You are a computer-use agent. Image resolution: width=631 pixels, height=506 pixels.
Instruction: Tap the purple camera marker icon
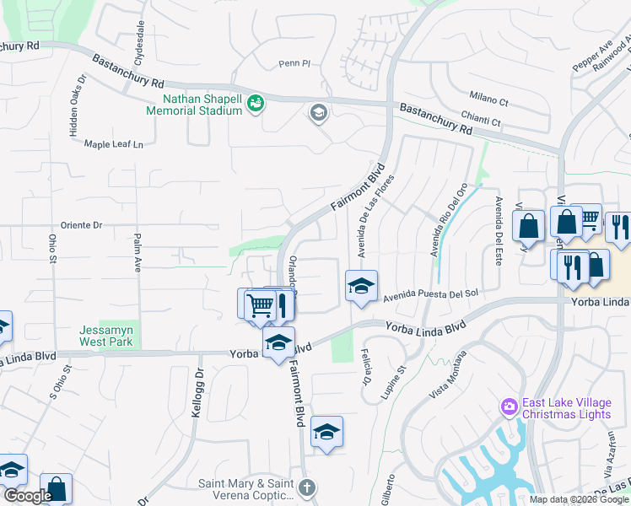click(x=509, y=407)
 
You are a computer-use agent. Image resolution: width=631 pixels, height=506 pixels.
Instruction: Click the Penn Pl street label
click(x=295, y=63)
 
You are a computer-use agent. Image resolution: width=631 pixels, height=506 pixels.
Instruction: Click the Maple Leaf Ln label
click(x=115, y=144)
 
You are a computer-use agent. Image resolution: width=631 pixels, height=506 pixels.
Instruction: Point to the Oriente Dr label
click(x=81, y=225)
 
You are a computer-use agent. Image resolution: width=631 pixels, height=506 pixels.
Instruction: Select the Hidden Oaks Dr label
click(x=77, y=105)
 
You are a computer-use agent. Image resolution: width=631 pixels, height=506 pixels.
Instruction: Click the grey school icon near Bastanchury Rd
click(x=318, y=113)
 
